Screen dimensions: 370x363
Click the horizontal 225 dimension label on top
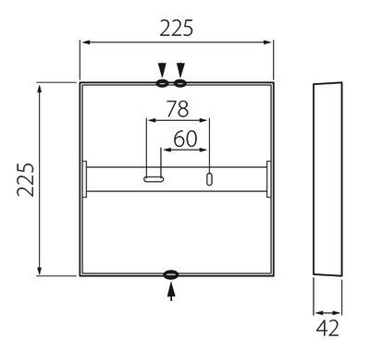176,28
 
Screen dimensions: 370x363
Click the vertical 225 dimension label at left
26,180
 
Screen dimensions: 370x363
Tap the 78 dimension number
178,109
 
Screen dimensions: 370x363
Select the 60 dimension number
185,139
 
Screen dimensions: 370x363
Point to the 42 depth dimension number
327,328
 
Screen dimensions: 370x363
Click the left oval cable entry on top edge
162,83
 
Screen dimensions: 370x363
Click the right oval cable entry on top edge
180,83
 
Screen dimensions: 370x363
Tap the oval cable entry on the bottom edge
171,274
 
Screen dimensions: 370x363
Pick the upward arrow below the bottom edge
171,292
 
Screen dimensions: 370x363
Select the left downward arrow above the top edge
162,69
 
